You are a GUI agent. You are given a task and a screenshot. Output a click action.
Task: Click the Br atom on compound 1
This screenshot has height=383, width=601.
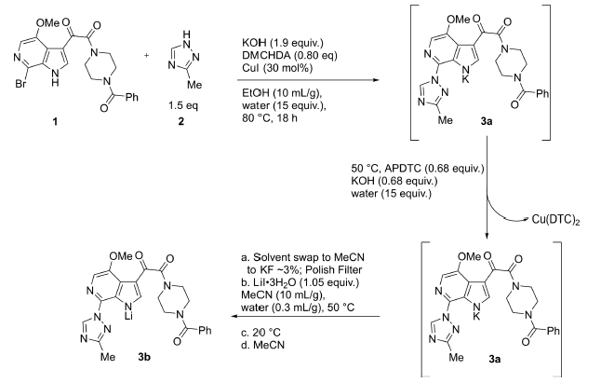click(x=16, y=90)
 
